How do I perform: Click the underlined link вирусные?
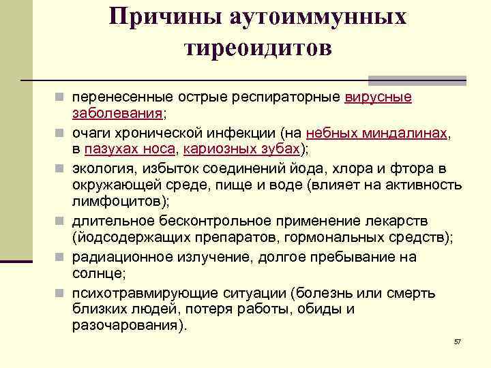(378, 97)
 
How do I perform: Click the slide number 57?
(458, 341)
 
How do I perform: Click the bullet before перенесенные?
(61, 97)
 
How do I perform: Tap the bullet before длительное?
(61, 221)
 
